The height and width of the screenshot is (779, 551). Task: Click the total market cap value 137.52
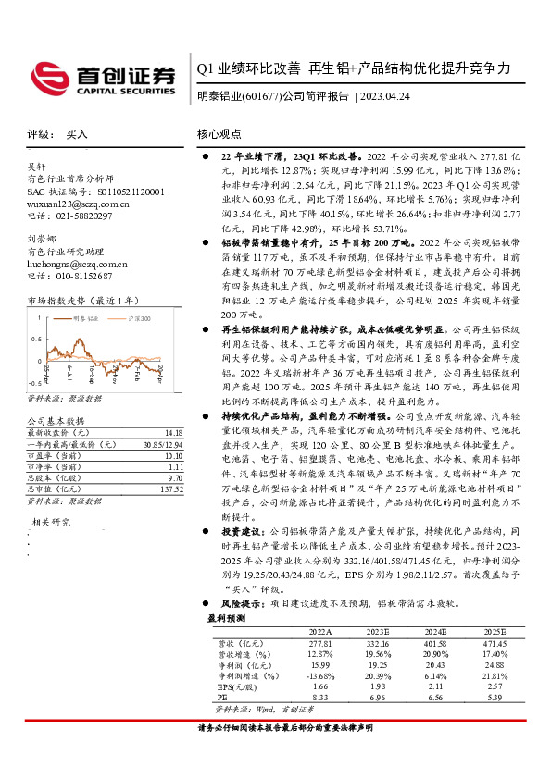pos(171,488)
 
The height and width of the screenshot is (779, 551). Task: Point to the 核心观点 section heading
pos(221,133)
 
